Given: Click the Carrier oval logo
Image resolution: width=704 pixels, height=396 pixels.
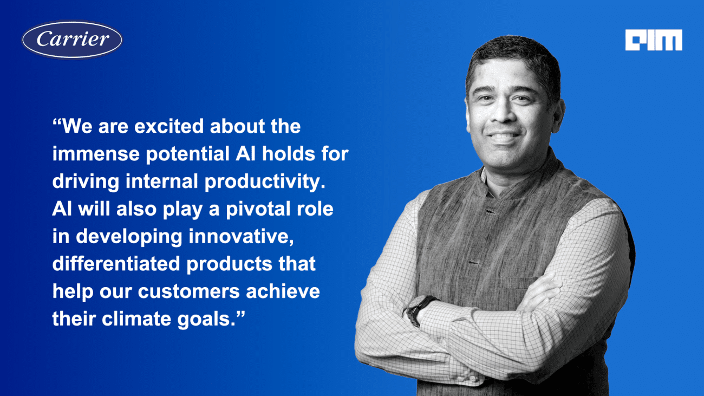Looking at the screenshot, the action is (x=72, y=40).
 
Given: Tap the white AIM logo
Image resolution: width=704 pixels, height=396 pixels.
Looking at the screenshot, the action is (x=654, y=40).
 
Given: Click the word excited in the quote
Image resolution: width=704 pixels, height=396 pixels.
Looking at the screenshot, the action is (x=170, y=126).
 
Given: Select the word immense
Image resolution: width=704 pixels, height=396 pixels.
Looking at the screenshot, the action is (x=96, y=154).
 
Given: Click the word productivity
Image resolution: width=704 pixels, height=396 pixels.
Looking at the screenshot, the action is (x=265, y=182).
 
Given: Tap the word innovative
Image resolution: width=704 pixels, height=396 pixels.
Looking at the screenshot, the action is (x=241, y=237).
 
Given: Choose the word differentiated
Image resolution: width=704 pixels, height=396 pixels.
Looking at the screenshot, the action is (x=116, y=264).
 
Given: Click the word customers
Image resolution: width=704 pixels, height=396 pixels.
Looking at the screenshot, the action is (x=189, y=291).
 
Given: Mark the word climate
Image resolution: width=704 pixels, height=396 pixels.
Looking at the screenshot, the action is (x=136, y=319).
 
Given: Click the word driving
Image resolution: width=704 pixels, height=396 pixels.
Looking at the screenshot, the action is (x=86, y=182).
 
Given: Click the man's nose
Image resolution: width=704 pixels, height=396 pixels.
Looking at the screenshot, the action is (x=505, y=113).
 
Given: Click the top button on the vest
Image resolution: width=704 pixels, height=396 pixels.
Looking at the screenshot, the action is (x=490, y=212).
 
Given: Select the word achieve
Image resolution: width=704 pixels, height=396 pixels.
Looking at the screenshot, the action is (x=283, y=291).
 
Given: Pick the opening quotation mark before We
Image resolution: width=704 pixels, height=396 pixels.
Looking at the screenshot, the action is (x=57, y=122).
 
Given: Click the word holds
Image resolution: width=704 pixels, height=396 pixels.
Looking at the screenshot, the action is (x=288, y=154).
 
